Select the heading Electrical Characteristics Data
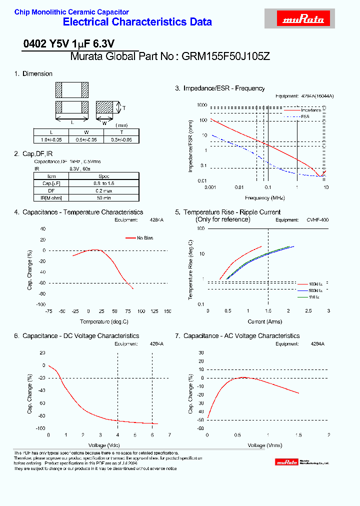137,22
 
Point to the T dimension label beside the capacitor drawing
124,108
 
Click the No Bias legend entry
144,238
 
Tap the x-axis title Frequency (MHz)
266,198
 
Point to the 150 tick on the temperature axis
167,311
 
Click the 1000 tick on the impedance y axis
201,105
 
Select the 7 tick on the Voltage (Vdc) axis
169,435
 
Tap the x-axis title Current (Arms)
265,321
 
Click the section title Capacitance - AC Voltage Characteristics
241,336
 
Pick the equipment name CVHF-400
317,219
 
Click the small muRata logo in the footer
287,463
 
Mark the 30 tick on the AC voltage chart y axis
201,352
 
